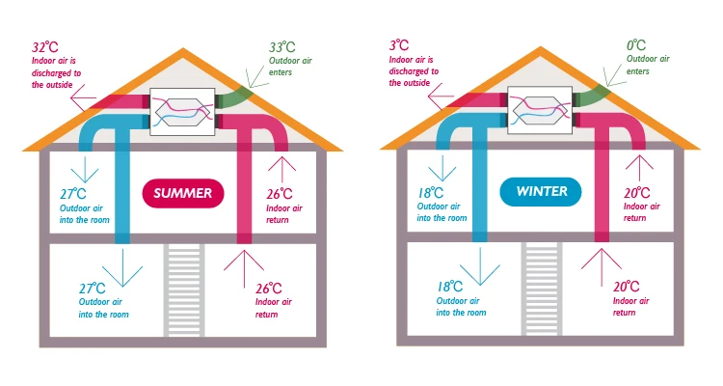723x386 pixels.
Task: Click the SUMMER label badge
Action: [x=183, y=193]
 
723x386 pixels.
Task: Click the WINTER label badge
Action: [x=540, y=192]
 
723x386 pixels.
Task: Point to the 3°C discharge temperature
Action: [x=399, y=45]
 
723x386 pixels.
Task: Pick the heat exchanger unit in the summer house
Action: [x=182, y=108]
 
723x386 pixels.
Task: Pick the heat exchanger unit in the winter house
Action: [x=540, y=108]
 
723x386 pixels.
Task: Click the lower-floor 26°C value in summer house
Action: [x=269, y=288]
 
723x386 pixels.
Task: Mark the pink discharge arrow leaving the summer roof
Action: [x=82, y=99]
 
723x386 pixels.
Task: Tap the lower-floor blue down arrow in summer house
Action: [x=122, y=269]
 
